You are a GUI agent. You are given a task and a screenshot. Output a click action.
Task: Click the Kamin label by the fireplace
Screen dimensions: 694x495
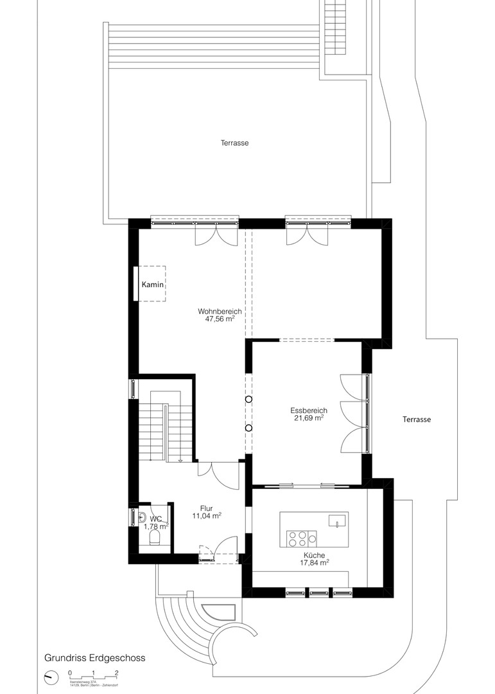coord(153,284)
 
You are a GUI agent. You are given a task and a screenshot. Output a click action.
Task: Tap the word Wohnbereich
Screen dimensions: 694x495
coord(220,311)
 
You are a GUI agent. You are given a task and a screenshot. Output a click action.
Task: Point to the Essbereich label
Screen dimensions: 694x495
coord(309,410)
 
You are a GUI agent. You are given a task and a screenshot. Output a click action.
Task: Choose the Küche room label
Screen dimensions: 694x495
coord(315,555)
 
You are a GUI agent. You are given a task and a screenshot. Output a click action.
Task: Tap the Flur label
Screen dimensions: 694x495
coord(207,508)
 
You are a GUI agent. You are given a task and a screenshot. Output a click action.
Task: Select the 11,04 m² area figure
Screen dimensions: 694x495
coord(207,515)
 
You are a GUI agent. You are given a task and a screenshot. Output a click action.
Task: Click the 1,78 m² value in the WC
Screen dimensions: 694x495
coord(155,526)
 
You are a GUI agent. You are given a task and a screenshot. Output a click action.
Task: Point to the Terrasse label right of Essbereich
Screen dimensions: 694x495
coord(417,419)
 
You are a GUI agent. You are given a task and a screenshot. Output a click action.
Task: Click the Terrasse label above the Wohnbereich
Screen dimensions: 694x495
coord(232,143)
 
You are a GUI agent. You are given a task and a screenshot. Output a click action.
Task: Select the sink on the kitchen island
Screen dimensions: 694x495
coord(334,520)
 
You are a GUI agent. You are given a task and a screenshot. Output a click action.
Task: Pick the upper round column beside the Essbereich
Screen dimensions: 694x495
coord(248,400)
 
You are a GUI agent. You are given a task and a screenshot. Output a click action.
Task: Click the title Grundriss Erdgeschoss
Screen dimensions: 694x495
coord(94,658)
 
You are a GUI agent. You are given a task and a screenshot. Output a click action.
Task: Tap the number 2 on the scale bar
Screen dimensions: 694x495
coord(116,673)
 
